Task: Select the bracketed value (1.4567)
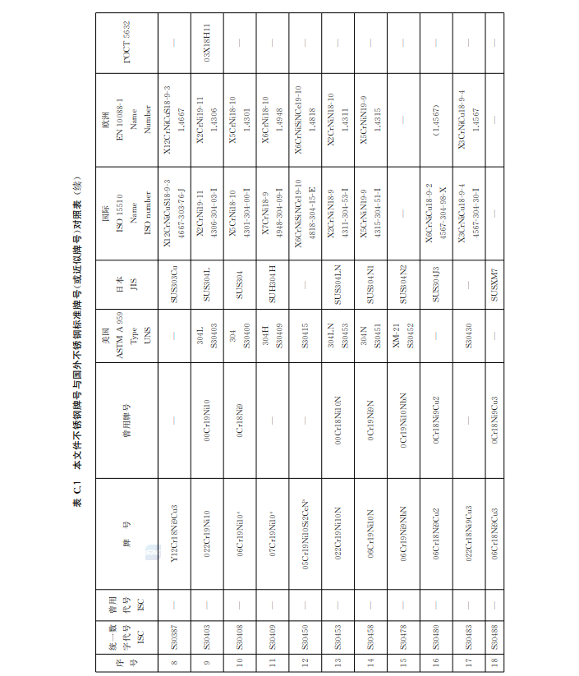coord(436,117)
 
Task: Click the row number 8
coord(173,666)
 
